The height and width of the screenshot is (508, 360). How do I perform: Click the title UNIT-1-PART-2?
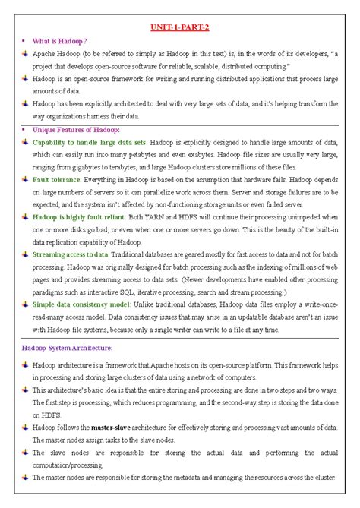tap(180, 28)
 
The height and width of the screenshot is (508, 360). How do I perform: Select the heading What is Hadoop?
tap(60, 40)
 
